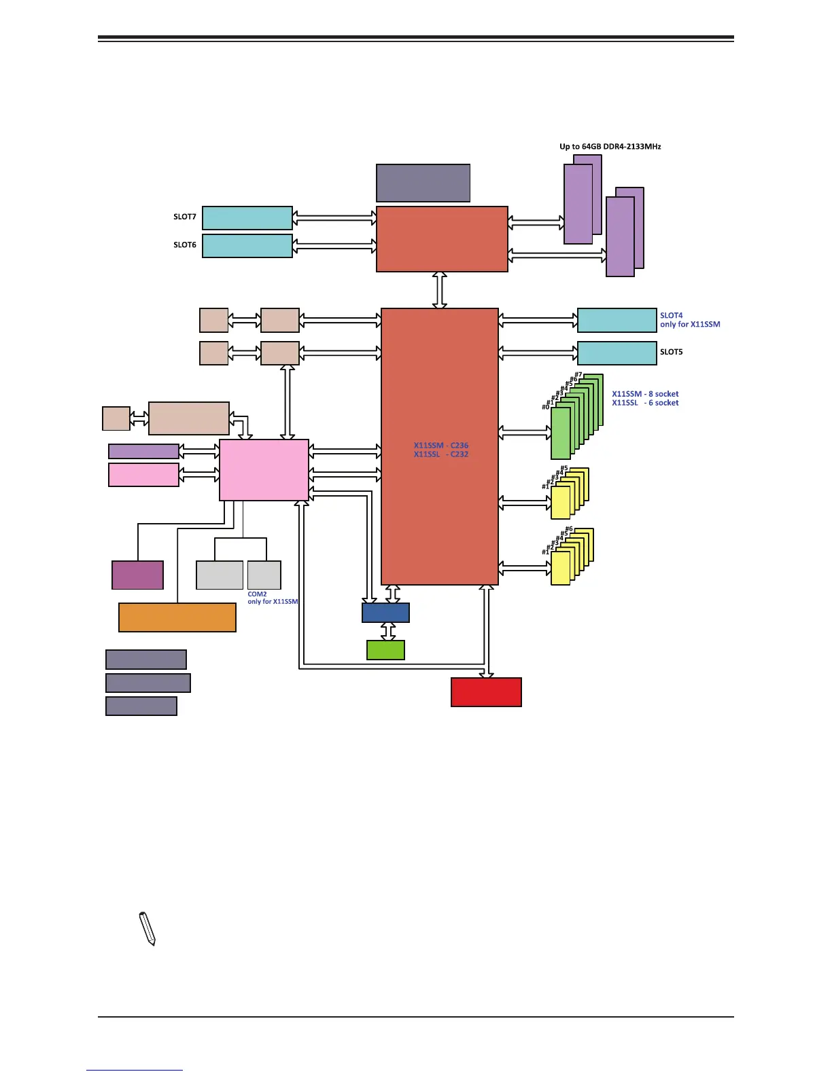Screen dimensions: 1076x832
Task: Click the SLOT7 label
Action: [x=184, y=217]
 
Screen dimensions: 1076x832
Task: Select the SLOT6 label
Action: [x=184, y=245]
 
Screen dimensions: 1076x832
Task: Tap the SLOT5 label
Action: [x=671, y=352]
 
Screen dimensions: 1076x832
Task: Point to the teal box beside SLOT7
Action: [x=247, y=218]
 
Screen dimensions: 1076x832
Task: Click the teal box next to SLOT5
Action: [x=617, y=353]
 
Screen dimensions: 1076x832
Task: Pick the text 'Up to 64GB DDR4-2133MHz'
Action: [x=610, y=147]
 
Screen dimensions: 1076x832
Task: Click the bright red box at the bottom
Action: [x=486, y=692]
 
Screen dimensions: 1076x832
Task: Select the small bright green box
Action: [x=385, y=650]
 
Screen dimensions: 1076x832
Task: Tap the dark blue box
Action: [x=385, y=613]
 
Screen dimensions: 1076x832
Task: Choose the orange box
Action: [x=177, y=617]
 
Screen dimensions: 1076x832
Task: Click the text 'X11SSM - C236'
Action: [x=441, y=446]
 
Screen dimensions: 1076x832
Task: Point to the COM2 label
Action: [x=257, y=594]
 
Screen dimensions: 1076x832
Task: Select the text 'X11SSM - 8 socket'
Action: [x=645, y=394]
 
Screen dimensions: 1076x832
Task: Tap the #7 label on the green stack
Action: [x=578, y=375]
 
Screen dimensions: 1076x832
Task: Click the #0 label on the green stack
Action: [x=545, y=407]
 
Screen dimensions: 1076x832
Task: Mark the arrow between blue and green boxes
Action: [x=387, y=632]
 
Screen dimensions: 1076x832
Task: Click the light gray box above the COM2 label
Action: [x=264, y=575]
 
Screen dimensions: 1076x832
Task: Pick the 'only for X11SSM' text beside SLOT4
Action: [x=690, y=325]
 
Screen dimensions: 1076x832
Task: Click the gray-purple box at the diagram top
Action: [x=423, y=183]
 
